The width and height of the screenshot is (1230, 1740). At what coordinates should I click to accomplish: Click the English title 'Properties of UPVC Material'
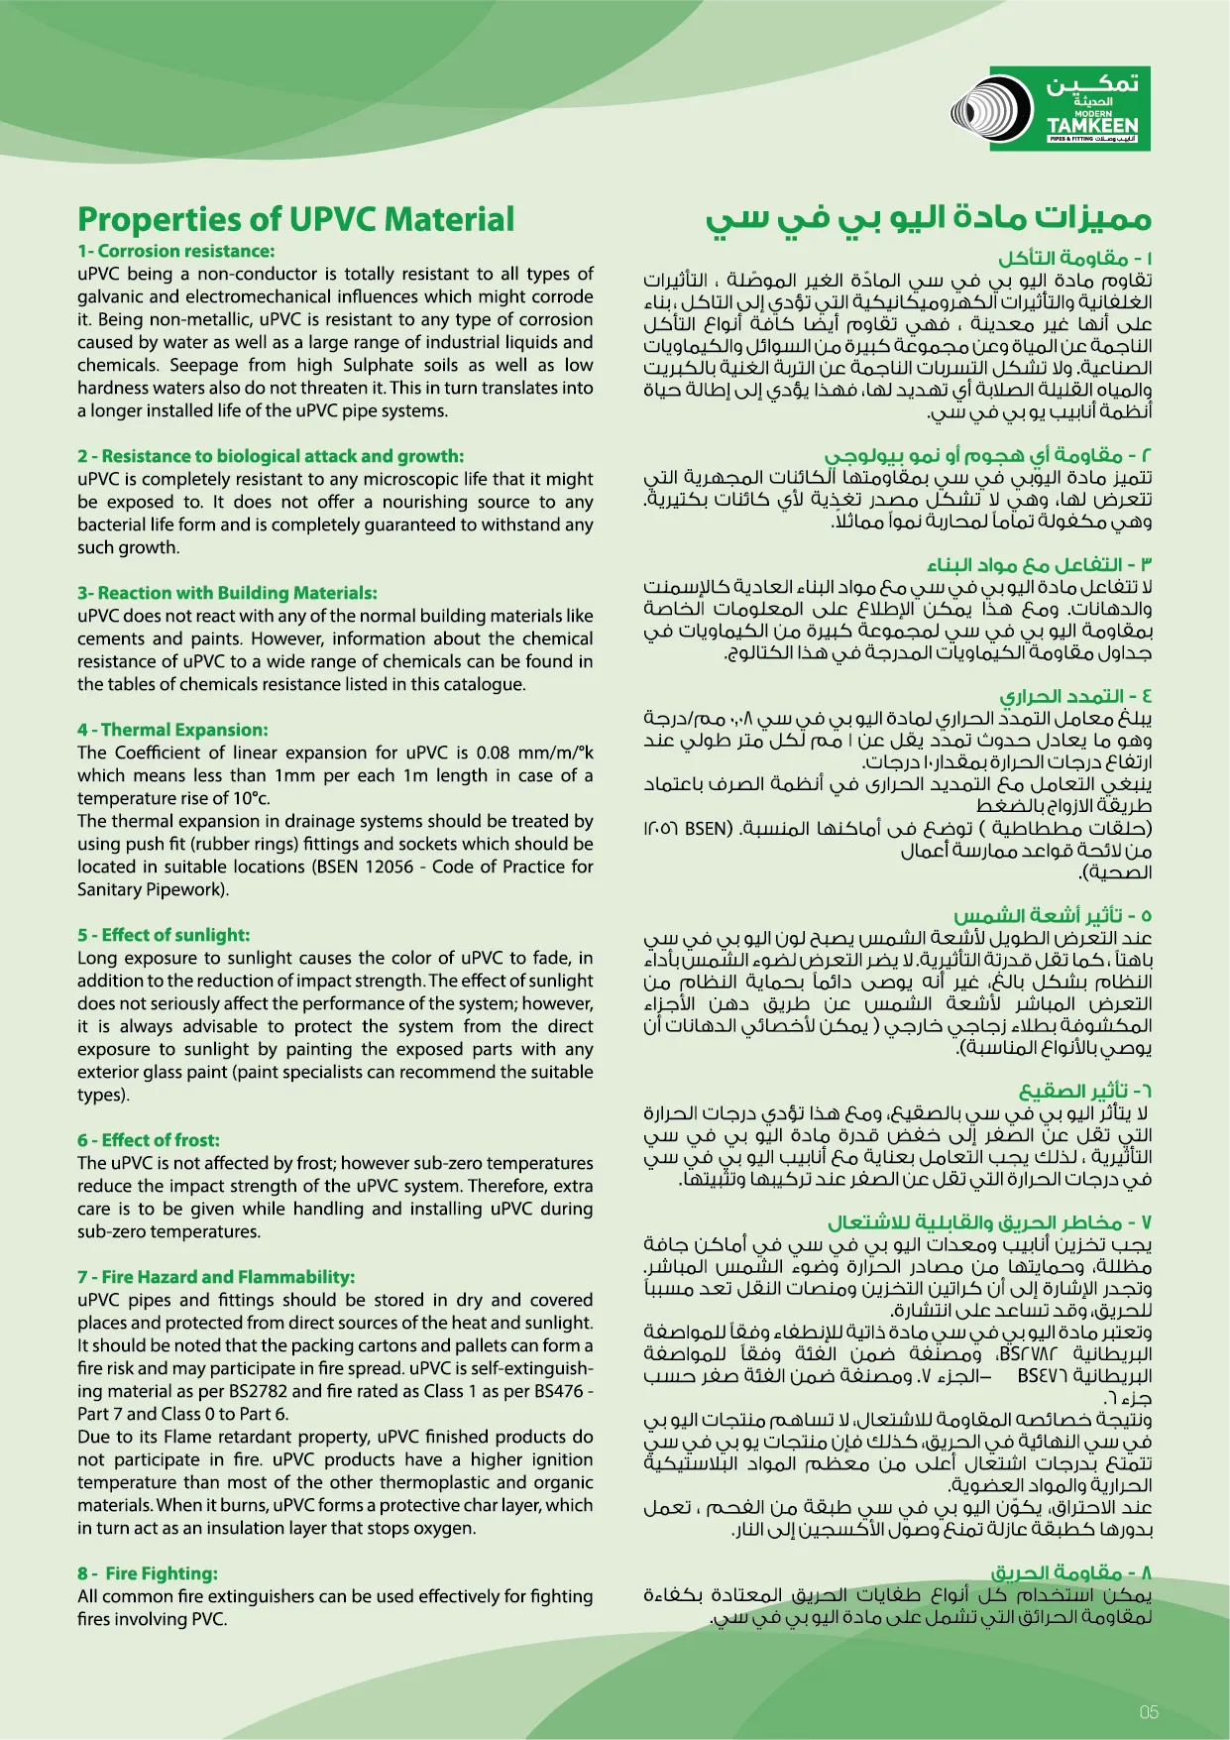point(295,219)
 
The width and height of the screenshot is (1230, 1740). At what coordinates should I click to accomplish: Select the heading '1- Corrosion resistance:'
point(176,251)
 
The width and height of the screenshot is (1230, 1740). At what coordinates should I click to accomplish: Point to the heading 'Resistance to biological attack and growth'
point(271,456)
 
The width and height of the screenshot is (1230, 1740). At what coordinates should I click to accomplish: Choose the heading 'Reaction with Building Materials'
point(227,593)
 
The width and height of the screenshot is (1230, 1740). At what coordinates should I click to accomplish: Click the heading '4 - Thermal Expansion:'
point(172,730)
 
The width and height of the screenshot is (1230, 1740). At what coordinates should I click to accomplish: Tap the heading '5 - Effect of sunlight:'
point(164,935)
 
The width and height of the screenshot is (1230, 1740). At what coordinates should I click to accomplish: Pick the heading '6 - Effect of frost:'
point(149,1140)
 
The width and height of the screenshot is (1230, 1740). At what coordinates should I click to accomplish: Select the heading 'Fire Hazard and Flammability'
point(216,1277)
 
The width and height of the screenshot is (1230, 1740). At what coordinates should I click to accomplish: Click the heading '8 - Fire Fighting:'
point(148,1573)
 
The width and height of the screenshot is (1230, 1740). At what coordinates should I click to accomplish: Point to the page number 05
point(1149,1711)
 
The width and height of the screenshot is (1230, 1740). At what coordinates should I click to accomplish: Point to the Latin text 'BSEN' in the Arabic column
point(708,828)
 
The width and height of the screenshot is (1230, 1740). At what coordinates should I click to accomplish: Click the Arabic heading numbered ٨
point(1071,1573)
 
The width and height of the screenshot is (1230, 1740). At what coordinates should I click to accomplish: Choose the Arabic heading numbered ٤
point(1075,696)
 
